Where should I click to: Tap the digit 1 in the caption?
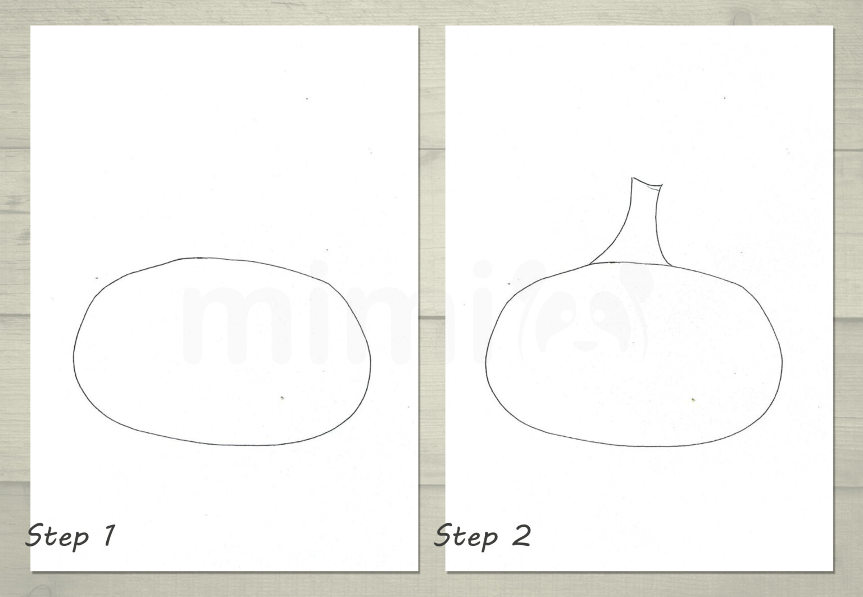(109, 534)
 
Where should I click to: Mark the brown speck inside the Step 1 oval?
(281, 398)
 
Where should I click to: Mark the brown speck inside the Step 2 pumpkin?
(693, 400)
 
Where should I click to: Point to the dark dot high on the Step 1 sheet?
(307, 99)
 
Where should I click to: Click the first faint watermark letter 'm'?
(222, 326)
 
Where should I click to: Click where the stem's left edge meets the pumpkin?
(589, 263)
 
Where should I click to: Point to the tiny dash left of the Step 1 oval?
(97, 278)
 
